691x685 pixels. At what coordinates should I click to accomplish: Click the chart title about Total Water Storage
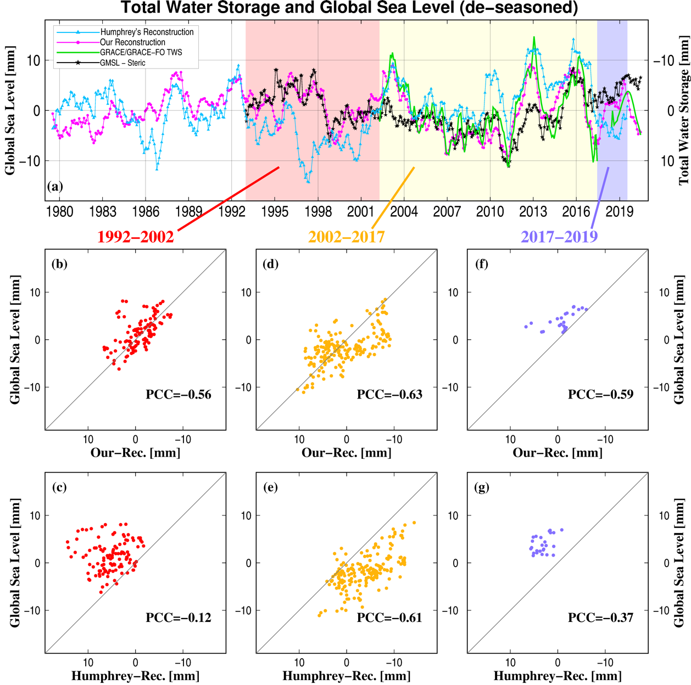[349, 8]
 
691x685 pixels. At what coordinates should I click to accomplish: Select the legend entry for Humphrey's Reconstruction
[147, 32]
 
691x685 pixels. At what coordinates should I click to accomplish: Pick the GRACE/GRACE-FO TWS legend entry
[141, 53]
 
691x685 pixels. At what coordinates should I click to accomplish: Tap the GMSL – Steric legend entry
[122, 63]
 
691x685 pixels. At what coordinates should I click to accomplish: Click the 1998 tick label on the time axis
[318, 212]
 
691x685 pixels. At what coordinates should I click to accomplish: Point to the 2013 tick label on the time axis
[533, 212]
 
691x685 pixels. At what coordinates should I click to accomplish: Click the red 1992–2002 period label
[136, 237]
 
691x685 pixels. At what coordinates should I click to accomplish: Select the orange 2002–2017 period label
[346, 237]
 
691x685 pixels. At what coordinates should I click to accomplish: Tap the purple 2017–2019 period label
[559, 237]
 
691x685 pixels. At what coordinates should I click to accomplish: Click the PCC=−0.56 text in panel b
[179, 394]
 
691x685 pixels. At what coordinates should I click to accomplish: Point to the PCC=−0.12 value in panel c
[179, 617]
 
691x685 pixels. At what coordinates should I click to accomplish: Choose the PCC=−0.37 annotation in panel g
[600, 617]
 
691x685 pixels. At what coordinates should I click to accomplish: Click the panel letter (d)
[270, 264]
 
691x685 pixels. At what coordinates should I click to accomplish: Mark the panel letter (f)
[481, 264]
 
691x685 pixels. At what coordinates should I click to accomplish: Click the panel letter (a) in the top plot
[55, 186]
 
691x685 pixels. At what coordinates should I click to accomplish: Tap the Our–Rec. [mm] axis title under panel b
[135, 453]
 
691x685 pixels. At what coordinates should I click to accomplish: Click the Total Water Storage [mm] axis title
[684, 110]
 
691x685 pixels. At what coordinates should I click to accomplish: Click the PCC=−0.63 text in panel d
[389, 394]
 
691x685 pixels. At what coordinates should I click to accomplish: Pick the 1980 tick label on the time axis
[59, 212]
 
